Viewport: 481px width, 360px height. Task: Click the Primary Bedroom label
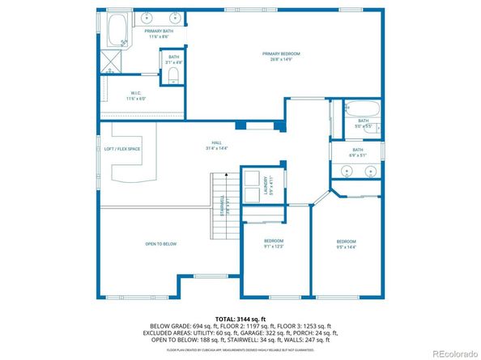(276, 54)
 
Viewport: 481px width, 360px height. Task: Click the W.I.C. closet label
(135, 92)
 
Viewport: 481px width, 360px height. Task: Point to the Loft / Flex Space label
(122, 149)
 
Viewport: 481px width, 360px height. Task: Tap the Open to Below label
(160, 244)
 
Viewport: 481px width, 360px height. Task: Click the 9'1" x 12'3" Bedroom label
(274, 244)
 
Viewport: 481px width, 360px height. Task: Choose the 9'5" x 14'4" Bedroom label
(347, 244)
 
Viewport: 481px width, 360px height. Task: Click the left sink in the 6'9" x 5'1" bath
(347, 171)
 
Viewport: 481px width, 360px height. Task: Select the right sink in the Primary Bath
(175, 17)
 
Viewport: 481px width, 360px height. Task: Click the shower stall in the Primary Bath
(109, 62)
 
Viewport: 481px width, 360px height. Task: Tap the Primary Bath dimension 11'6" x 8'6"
(157, 36)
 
